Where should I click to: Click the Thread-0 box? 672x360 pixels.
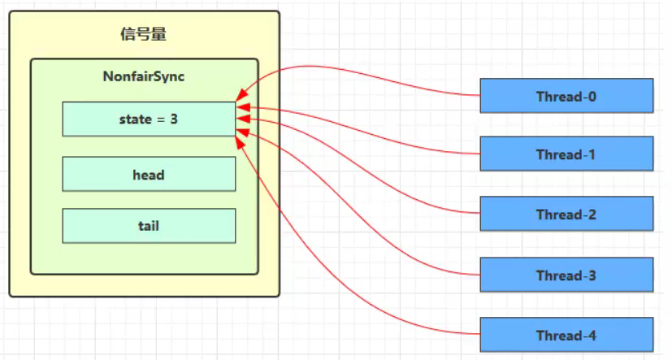(x=566, y=95)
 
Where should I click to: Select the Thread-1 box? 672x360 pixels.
(x=566, y=154)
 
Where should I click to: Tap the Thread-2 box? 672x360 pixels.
(x=566, y=215)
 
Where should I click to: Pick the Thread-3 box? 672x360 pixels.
(x=566, y=275)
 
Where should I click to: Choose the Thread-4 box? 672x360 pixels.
(x=566, y=335)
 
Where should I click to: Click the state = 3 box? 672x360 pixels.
(x=149, y=119)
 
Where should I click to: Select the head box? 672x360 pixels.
(x=149, y=174)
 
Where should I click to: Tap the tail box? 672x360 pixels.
(x=149, y=226)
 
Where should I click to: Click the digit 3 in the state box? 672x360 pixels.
(x=174, y=119)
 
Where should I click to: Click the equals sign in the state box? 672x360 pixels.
(x=161, y=119)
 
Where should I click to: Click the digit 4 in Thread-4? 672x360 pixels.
(x=592, y=335)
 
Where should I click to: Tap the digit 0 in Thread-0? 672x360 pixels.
(x=592, y=96)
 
